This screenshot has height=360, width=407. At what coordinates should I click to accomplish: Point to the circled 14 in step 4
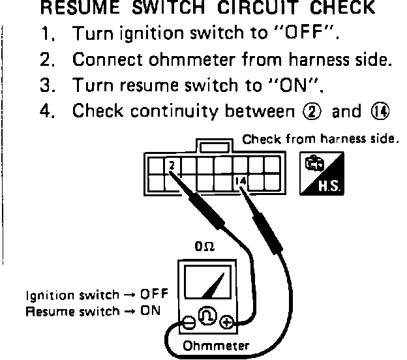[x=380, y=112]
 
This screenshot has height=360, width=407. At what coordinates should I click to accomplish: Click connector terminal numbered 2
[x=172, y=166]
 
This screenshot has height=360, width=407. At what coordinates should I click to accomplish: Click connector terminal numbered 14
[x=239, y=181]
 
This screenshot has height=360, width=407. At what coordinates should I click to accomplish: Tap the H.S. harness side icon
[x=322, y=175]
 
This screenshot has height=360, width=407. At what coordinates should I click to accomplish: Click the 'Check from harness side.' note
[x=319, y=140]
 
